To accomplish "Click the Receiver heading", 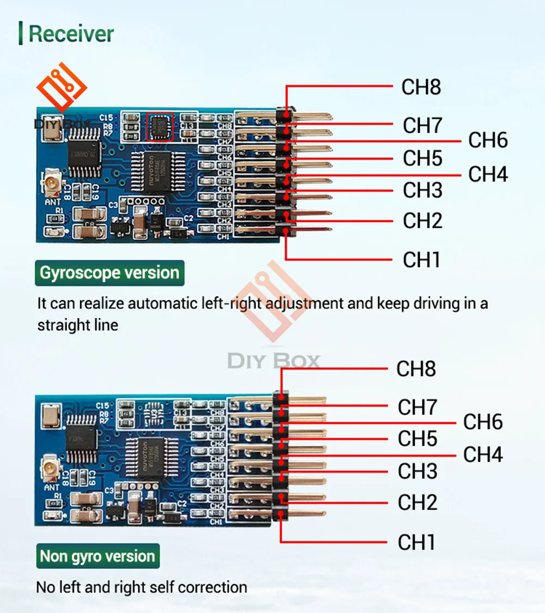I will click(x=71, y=34).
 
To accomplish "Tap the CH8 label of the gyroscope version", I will click(x=421, y=87).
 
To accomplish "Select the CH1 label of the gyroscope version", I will click(x=421, y=260).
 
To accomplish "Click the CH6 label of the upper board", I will click(x=488, y=140).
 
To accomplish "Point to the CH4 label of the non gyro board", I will click(x=483, y=454).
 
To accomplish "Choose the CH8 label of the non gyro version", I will click(x=416, y=369).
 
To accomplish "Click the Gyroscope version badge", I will click(x=110, y=273).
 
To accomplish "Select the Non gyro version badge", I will click(x=98, y=556).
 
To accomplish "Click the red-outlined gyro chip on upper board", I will click(x=160, y=126).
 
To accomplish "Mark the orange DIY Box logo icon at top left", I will click(x=61, y=87).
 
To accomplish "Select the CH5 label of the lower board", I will click(x=417, y=439).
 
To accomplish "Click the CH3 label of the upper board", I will click(x=422, y=190).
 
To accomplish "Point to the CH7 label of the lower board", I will click(x=417, y=407).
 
